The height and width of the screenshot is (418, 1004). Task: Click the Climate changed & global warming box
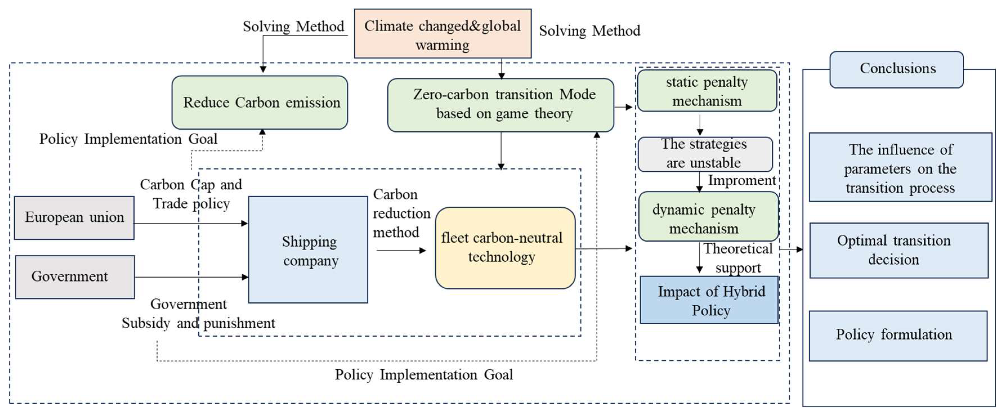coord(442,34)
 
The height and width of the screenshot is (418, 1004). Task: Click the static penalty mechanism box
coord(707,91)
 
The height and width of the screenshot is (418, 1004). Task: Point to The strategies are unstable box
coord(705,154)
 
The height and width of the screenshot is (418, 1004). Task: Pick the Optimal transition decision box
coord(898,250)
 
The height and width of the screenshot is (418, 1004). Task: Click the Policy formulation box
coord(898,335)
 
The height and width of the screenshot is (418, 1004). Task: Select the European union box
coord(74,217)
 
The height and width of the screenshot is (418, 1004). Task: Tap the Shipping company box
coord(308,250)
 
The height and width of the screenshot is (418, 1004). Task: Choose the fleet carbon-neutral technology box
coord(505,248)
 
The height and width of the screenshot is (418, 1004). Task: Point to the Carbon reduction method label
coord(401,213)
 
